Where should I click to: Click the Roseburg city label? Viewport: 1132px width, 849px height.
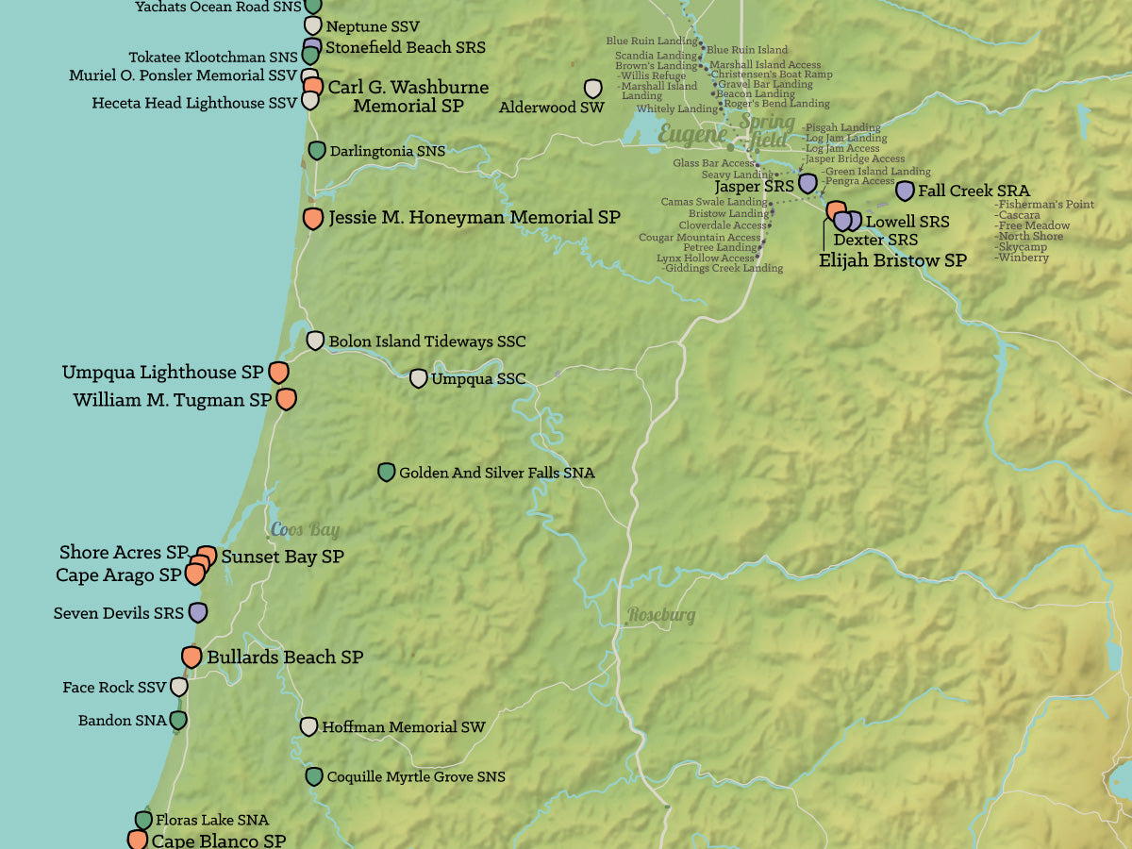pos(660,615)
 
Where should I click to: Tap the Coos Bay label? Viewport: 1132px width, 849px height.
pos(305,530)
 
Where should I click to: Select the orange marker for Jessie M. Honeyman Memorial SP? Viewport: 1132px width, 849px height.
pos(313,218)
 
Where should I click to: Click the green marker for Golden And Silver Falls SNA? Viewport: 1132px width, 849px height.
pos(386,472)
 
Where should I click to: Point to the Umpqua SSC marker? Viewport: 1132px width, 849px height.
pos(418,378)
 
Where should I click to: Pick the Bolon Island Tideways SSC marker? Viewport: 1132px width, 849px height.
pos(315,341)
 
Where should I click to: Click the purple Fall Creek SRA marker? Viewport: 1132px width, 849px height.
pos(905,191)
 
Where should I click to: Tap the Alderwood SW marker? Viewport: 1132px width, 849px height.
pos(592,89)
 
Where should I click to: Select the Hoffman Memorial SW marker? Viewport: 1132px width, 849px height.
pos(308,726)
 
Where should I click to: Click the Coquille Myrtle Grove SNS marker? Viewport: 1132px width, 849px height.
pos(314,776)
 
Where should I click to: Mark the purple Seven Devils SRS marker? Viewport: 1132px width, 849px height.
pos(197,612)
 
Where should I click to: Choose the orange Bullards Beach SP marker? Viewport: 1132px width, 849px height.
pos(191,657)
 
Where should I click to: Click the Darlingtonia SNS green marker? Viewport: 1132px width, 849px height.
pos(317,150)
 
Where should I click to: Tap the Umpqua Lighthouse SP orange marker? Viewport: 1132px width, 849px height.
pos(278,372)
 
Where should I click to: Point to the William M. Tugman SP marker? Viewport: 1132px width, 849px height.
pos(286,399)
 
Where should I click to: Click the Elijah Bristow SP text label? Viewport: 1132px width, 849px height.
pos(891,260)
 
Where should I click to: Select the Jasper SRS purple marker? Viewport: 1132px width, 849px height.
pos(807,183)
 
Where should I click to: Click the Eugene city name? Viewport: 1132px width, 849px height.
pos(692,135)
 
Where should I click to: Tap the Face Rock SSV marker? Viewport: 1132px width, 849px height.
pos(178,687)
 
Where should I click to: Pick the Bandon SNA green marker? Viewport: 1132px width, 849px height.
pos(177,720)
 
